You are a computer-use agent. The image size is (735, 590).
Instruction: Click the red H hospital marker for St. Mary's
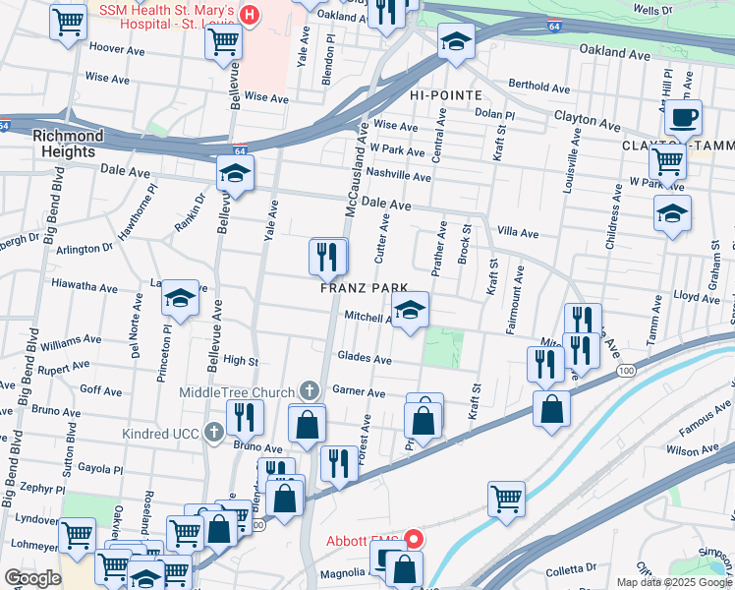(x=250, y=16)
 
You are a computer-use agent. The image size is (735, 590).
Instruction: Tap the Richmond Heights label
(x=68, y=144)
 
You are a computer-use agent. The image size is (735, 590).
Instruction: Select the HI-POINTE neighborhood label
(x=447, y=95)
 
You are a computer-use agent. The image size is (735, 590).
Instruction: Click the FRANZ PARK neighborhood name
(x=357, y=289)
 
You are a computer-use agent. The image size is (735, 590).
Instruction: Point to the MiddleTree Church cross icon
(x=310, y=391)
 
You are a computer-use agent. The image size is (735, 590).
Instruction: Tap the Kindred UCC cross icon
(x=215, y=433)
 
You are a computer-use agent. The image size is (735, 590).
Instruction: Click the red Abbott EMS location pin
(x=414, y=539)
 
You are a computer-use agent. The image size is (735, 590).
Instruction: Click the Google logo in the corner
(x=33, y=578)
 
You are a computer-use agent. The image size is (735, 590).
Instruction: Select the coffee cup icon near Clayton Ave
(x=683, y=118)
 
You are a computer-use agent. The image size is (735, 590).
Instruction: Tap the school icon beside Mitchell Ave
(x=410, y=311)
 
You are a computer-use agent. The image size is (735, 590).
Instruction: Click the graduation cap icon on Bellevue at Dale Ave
(x=236, y=173)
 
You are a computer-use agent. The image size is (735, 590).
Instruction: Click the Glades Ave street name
(x=364, y=360)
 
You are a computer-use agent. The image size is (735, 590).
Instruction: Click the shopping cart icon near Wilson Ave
(x=506, y=499)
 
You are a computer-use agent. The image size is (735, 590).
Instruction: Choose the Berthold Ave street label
(x=538, y=87)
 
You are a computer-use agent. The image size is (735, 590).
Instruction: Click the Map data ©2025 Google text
(x=673, y=581)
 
